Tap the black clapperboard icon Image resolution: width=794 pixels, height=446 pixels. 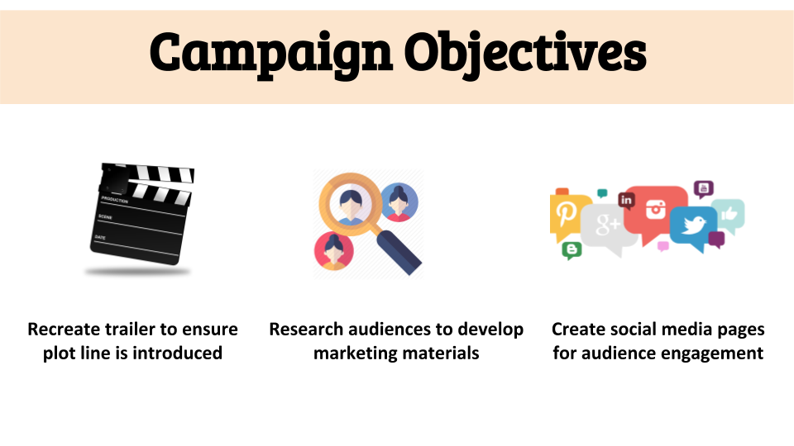pyautogui.click(x=141, y=214)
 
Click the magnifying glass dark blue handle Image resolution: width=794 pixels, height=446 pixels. pyautogui.click(x=399, y=253)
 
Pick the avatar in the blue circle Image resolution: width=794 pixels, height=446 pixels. pyautogui.click(x=399, y=202)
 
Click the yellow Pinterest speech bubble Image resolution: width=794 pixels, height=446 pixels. pyautogui.click(x=568, y=216)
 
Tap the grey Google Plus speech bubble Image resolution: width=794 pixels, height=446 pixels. pyautogui.click(x=608, y=229)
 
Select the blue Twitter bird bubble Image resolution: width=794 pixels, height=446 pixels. pyautogui.click(x=694, y=228)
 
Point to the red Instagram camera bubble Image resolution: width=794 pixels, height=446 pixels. pyautogui.click(x=655, y=211)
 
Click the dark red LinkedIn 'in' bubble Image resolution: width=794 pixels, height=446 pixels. pyautogui.click(x=626, y=201)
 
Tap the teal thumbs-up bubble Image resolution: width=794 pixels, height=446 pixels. pyautogui.click(x=728, y=215)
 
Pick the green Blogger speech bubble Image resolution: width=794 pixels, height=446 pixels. pyautogui.click(x=572, y=250)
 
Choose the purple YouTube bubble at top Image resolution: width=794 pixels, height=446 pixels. pyautogui.click(x=703, y=189)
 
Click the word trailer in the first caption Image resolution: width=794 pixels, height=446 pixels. pyautogui.click(x=123, y=330)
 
